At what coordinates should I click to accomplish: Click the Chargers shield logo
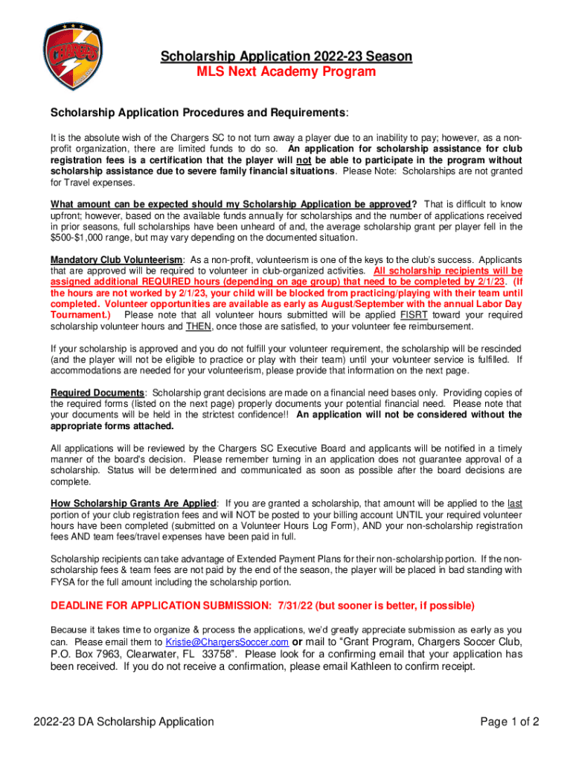[71, 55]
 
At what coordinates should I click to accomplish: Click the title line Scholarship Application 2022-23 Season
[286, 57]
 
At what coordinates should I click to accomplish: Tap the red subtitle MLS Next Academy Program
[286, 72]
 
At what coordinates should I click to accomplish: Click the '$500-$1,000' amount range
[78, 238]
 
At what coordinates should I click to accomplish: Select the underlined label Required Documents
[97, 393]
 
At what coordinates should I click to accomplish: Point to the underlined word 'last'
[514, 504]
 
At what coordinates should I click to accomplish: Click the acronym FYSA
[63, 582]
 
